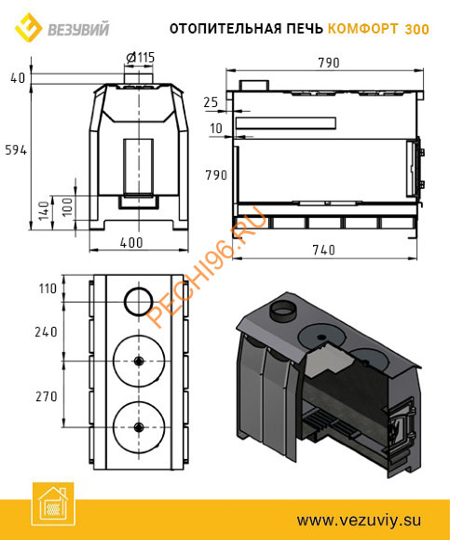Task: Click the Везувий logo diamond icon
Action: [28, 27]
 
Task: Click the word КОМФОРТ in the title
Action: [362, 29]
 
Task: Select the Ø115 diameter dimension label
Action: [141, 58]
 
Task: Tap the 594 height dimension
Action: [16, 150]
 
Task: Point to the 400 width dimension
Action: [131, 243]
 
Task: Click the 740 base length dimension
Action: [323, 250]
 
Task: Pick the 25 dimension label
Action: [211, 102]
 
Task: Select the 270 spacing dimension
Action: [47, 397]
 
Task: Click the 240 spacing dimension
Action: [46, 332]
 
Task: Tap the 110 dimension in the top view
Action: [48, 289]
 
